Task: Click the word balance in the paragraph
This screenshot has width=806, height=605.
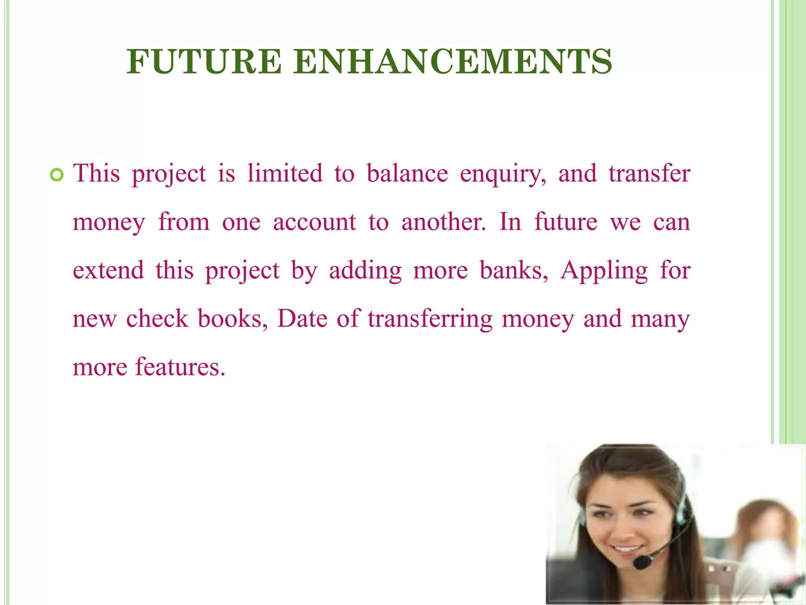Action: pos(407,173)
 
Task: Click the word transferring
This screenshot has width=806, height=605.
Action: pos(430,319)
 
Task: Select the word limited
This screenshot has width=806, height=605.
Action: pos(285,173)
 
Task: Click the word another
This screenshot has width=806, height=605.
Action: pos(444,222)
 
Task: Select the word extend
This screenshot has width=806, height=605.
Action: pos(108,271)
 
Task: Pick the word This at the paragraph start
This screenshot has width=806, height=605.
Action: pos(96,173)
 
